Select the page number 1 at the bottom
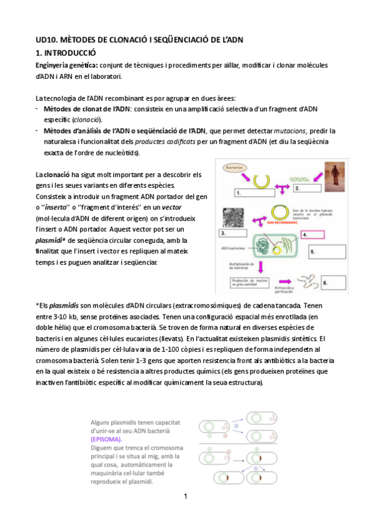click(185, 496)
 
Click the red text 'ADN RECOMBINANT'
click(282, 221)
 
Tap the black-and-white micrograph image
click(235, 217)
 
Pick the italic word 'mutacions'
click(292, 131)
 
